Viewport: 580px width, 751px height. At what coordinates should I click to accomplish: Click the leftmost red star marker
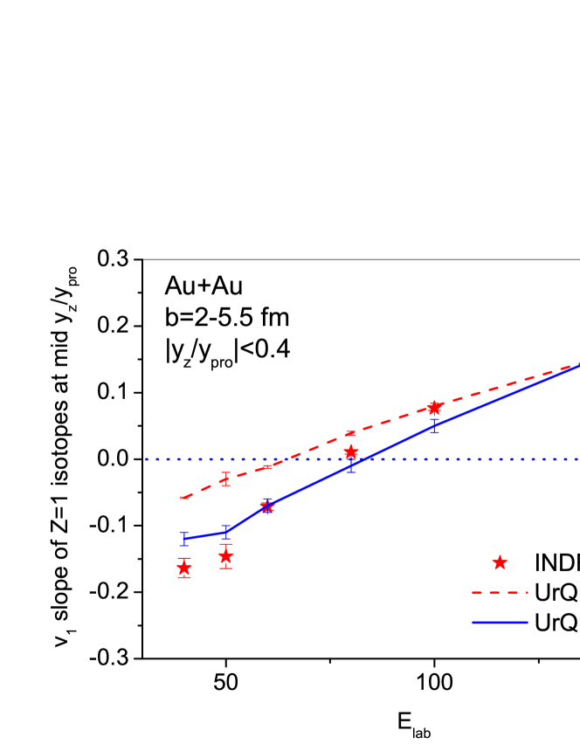[x=184, y=568]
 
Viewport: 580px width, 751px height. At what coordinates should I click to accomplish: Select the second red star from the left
[x=226, y=556]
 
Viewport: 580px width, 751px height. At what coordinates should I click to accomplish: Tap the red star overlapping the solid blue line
[x=267, y=506]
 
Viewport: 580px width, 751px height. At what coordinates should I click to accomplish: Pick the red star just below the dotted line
[x=351, y=451]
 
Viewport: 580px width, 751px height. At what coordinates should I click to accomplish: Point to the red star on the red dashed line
[x=434, y=408]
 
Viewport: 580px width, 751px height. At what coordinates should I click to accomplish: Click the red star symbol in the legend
[x=500, y=562]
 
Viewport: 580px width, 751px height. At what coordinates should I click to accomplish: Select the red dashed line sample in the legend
[x=500, y=593]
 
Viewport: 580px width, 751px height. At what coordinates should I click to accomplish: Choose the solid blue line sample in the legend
[x=500, y=623]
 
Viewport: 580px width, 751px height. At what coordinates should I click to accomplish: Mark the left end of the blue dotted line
[x=147, y=458]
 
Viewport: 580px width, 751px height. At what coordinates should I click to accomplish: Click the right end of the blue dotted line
[x=577, y=458]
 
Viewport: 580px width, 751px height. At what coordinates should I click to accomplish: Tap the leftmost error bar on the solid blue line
[x=184, y=538]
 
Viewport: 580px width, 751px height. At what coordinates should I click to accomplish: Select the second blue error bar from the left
[x=226, y=532]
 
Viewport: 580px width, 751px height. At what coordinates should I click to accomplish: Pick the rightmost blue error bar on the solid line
[x=434, y=426]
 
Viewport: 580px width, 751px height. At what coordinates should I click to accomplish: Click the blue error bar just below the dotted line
[x=351, y=466]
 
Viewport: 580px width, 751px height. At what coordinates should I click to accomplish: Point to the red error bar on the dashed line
[x=226, y=479]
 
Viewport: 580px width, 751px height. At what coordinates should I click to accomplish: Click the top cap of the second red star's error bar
[x=226, y=544]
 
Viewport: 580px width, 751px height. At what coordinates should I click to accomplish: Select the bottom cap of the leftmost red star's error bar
[x=184, y=577]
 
